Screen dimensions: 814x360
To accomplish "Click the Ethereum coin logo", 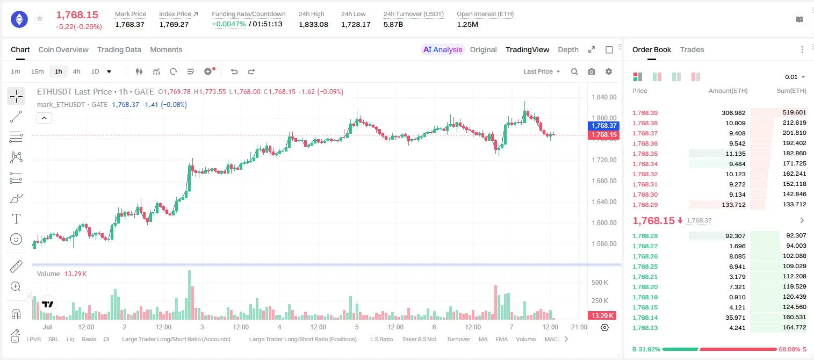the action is (x=19, y=19).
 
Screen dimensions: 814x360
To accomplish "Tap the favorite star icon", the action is (x=40, y=18).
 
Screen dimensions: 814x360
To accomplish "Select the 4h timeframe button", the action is (x=76, y=71).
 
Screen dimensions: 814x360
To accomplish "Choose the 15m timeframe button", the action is (x=38, y=71).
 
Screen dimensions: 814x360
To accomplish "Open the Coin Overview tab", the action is (x=63, y=50).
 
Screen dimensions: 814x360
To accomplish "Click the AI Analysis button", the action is (x=443, y=50).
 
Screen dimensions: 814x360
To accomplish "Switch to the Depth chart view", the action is (x=568, y=50).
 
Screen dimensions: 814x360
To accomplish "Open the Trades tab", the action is (x=692, y=50).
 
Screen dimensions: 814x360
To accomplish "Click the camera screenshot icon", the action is (x=592, y=71).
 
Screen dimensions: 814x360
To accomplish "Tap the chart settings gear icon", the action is (x=609, y=71).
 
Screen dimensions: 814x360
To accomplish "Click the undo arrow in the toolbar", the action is (x=234, y=71).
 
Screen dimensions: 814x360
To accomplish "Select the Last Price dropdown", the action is (x=542, y=71).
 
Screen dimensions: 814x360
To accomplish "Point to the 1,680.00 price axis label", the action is (x=604, y=181).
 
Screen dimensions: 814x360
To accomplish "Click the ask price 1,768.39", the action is (x=645, y=113).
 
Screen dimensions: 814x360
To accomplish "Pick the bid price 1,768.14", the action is (x=645, y=318).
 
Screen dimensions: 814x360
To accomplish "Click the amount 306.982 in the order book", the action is (x=733, y=113).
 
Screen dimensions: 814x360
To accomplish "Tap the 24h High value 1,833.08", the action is (x=313, y=24).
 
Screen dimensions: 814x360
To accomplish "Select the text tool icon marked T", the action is (x=16, y=219).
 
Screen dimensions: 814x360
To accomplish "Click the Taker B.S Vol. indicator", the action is (x=419, y=339).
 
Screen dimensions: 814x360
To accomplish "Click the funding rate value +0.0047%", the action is (x=229, y=24).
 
